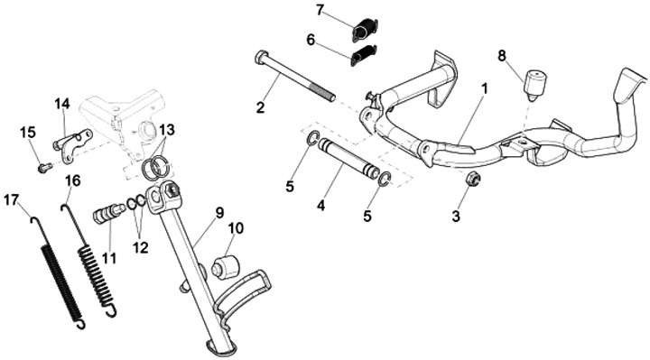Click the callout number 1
click(484, 88)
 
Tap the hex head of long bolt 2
click(259, 57)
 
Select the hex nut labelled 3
click(473, 179)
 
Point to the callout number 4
click(321, 206)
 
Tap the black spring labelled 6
click(364, 55)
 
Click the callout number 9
click(219, 213)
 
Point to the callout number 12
click(141, 248)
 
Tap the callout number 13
click(167, 130)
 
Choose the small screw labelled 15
click(45, 168)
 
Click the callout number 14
click(62, 104)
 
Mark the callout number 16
click(73, 180)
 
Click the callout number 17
click(11, 200)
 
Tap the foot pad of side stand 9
click(221, 346)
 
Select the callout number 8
click(502, 56)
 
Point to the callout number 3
click(456, 216)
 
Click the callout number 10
click(236, 228)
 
